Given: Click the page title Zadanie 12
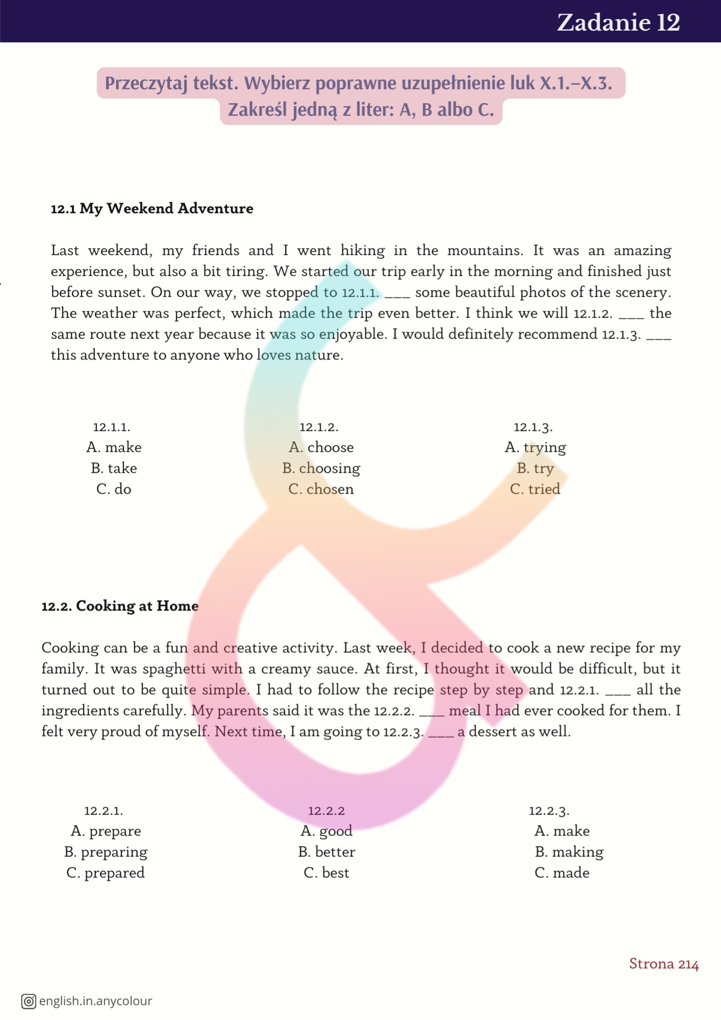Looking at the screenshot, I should (618, 22).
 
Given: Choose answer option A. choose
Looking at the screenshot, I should (321, 447).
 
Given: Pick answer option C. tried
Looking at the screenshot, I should (535, 489).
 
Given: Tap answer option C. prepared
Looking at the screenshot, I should (106, 873).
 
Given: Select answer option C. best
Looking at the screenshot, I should (326, 873).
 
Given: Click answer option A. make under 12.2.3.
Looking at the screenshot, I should (562, 831).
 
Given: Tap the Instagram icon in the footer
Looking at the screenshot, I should (29, 1001).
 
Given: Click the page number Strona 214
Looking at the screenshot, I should (663, 963).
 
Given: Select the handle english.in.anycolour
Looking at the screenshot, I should (95, 1001).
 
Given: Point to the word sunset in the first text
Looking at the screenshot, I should (123, 292).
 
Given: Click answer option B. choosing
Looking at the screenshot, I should (321, 468).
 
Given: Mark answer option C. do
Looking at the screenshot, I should (114, 489).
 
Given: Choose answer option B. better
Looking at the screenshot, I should (326, 852).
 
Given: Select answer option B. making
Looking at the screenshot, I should (569, 852).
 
